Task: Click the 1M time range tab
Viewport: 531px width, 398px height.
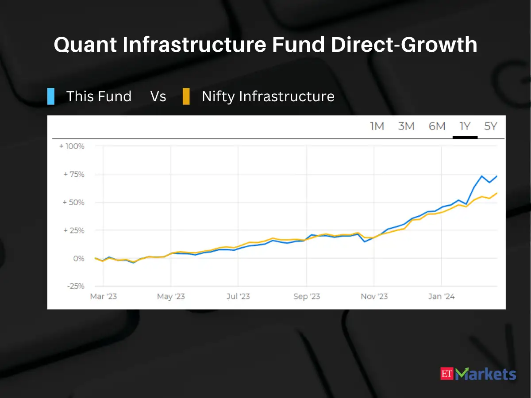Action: (x=377, y=126)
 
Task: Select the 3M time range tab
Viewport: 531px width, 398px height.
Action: (x=406, y=126)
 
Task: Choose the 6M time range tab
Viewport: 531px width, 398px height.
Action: (x=437, y=126)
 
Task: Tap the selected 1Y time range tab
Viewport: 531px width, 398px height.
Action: (x=465, y=126)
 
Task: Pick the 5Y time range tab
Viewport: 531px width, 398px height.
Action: (x=491, y=126)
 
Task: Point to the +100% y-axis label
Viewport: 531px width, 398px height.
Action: (x=72, y=146)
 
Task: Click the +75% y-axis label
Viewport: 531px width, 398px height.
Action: (x=73, y=174)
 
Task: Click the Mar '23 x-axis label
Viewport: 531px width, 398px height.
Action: (x=103, y=296)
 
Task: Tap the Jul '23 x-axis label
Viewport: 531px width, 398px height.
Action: (x=238, y=296)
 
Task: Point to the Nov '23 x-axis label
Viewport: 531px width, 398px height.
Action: (x=374, y=296)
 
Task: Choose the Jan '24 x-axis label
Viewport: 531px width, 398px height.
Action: (x=441, y=296)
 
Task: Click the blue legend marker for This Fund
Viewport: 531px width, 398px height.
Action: (x=51, y=96)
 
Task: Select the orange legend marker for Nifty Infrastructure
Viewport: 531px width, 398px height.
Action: (x=186, y=96)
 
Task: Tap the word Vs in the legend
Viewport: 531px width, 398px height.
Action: (x=158, y=96)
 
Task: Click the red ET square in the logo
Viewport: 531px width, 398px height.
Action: (x=448, y=374)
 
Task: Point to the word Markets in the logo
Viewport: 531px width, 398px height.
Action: (x=486, y=374)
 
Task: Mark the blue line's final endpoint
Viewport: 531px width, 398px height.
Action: (x=497, y=176)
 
